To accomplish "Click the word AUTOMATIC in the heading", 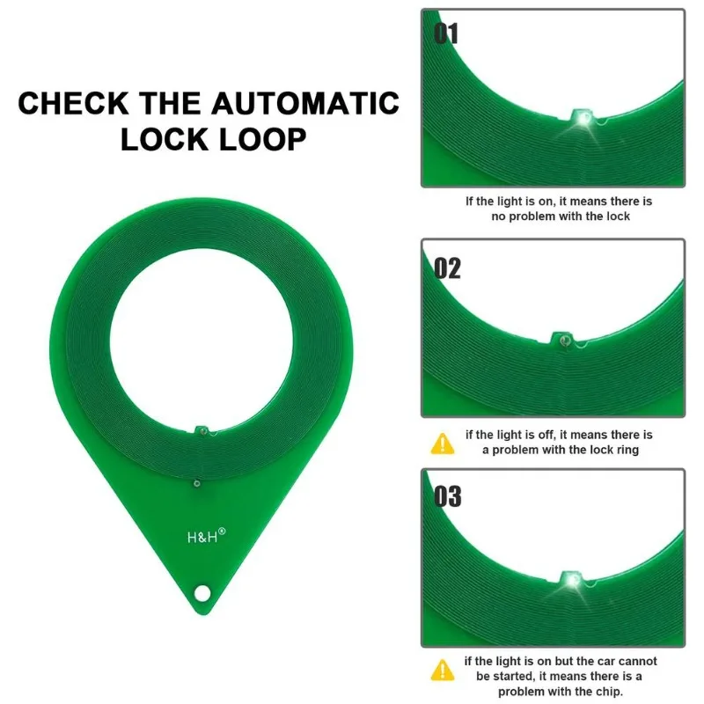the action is tap(304, 103).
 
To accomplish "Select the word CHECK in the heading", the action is tap(73, 103).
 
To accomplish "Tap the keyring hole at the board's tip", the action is tap(202, 592).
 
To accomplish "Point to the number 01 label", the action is tap(446, 33).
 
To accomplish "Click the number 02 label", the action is tap(447, 268).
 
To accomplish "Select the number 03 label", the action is tap(448, 496).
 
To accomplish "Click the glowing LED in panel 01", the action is tap(584, 119).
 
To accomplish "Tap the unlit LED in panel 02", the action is tap(565, 341).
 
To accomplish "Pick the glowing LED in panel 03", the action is tap(572, 581).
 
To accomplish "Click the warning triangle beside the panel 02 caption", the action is tap(443, 444).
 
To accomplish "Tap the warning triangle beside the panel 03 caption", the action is tap(443, 670).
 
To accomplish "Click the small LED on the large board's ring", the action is tap(203, 431).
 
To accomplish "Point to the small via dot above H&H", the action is tap(196, 483).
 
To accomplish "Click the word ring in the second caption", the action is tap(627, 450).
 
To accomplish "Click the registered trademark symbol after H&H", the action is tap(222, 532).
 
